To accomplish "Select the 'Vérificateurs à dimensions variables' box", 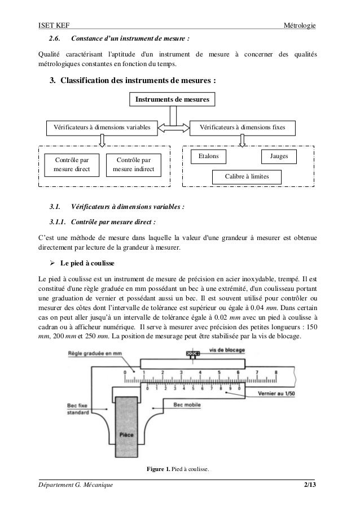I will pyautogui.click(x=102, y=128).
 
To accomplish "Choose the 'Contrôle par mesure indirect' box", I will pyautogui.click(x=134, y=164).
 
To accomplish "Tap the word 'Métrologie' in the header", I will pyautogui.click(x=301, y=25).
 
